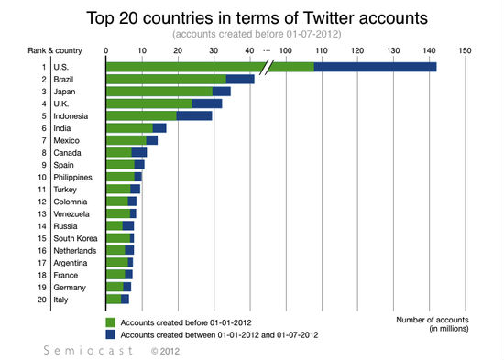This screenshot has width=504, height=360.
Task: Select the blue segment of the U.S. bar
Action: (x=375, y=66)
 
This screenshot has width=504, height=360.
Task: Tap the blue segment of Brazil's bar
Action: (x=240, y=79)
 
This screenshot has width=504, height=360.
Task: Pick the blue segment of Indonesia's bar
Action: (x=194, y=115)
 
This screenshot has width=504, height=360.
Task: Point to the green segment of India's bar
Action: (x=129, y=127)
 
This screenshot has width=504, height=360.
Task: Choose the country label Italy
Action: (x=63, y=299)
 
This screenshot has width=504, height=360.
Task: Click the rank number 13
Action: (x=41, y=213)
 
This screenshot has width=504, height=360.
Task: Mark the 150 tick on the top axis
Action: (x=465, y=50)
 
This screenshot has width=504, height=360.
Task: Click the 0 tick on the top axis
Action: (x=106, y=50)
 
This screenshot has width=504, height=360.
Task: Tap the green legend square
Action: (x=111, y=322)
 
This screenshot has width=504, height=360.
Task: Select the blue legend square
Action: (x=111, y=335)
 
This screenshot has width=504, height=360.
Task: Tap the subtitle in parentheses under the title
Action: (x=251, y=34)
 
